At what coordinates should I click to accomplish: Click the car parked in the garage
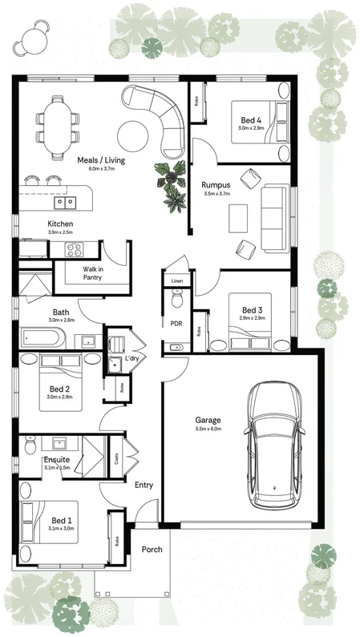pos(275,445)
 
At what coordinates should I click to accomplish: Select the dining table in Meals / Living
pos(57,124)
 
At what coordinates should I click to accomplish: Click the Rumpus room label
pos(216,183)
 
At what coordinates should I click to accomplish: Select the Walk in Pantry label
pos(93,274)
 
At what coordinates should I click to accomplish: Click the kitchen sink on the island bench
pos(65,202)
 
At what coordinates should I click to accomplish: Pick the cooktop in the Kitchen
pos(75,248)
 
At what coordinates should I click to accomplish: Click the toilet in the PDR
pos(178,300)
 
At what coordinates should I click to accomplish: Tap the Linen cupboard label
pos(176,280)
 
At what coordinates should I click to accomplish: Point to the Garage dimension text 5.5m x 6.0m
pos(208,429)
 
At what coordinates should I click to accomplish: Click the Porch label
pos(152,550)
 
